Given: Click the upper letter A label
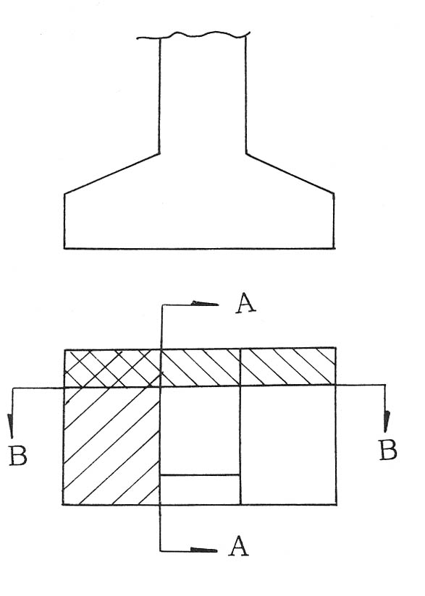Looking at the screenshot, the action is [245, 303].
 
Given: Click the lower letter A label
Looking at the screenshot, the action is [238, 546].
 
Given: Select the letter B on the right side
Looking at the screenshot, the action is [387, 450].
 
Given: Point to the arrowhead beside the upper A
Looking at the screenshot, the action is [206, 303].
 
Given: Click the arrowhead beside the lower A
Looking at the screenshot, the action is [203, 550].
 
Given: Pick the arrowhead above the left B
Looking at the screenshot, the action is [10, 426].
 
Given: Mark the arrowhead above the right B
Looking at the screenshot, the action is [387, 422].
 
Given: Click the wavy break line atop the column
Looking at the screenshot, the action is [193, 35].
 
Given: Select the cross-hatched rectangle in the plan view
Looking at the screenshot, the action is [112, 368].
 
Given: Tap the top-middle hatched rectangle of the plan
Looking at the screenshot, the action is [201, 367].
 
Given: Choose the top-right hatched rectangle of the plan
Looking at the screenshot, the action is [288, 367].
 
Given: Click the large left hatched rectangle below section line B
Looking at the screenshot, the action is [111, 446].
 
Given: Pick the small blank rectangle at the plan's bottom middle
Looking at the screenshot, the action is [200, 490].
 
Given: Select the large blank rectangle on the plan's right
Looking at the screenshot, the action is [288, 445].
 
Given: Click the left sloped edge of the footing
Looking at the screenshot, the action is [111, 174].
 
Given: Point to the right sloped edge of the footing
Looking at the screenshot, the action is [290, 174].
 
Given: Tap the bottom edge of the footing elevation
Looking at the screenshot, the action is [199, 249].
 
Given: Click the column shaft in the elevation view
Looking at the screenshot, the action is [203, 95].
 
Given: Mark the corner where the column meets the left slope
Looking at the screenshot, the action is [159, 153].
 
